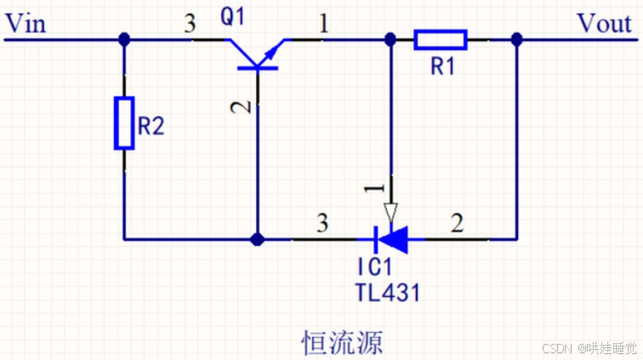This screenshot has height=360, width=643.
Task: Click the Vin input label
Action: (25, 23)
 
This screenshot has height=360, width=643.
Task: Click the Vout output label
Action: (604, 23)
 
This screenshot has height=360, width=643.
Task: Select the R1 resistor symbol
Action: (440, 39)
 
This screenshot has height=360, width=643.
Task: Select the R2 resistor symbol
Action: (124, 123)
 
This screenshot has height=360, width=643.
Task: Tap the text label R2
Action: (151, 128)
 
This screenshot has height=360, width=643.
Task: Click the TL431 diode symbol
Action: (390, 239)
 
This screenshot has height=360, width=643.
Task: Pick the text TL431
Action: (388, 294)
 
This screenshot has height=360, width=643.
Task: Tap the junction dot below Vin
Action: (124, 39)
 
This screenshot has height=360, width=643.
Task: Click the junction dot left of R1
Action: (390, 39)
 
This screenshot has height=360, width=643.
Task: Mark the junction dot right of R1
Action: (516, 39)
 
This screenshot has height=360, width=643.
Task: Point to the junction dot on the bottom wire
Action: (258, 239)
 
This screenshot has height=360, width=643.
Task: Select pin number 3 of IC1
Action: (321, 225)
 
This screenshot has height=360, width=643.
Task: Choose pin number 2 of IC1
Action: (457, 225)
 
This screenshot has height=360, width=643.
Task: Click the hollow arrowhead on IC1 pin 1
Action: (390, 210)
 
